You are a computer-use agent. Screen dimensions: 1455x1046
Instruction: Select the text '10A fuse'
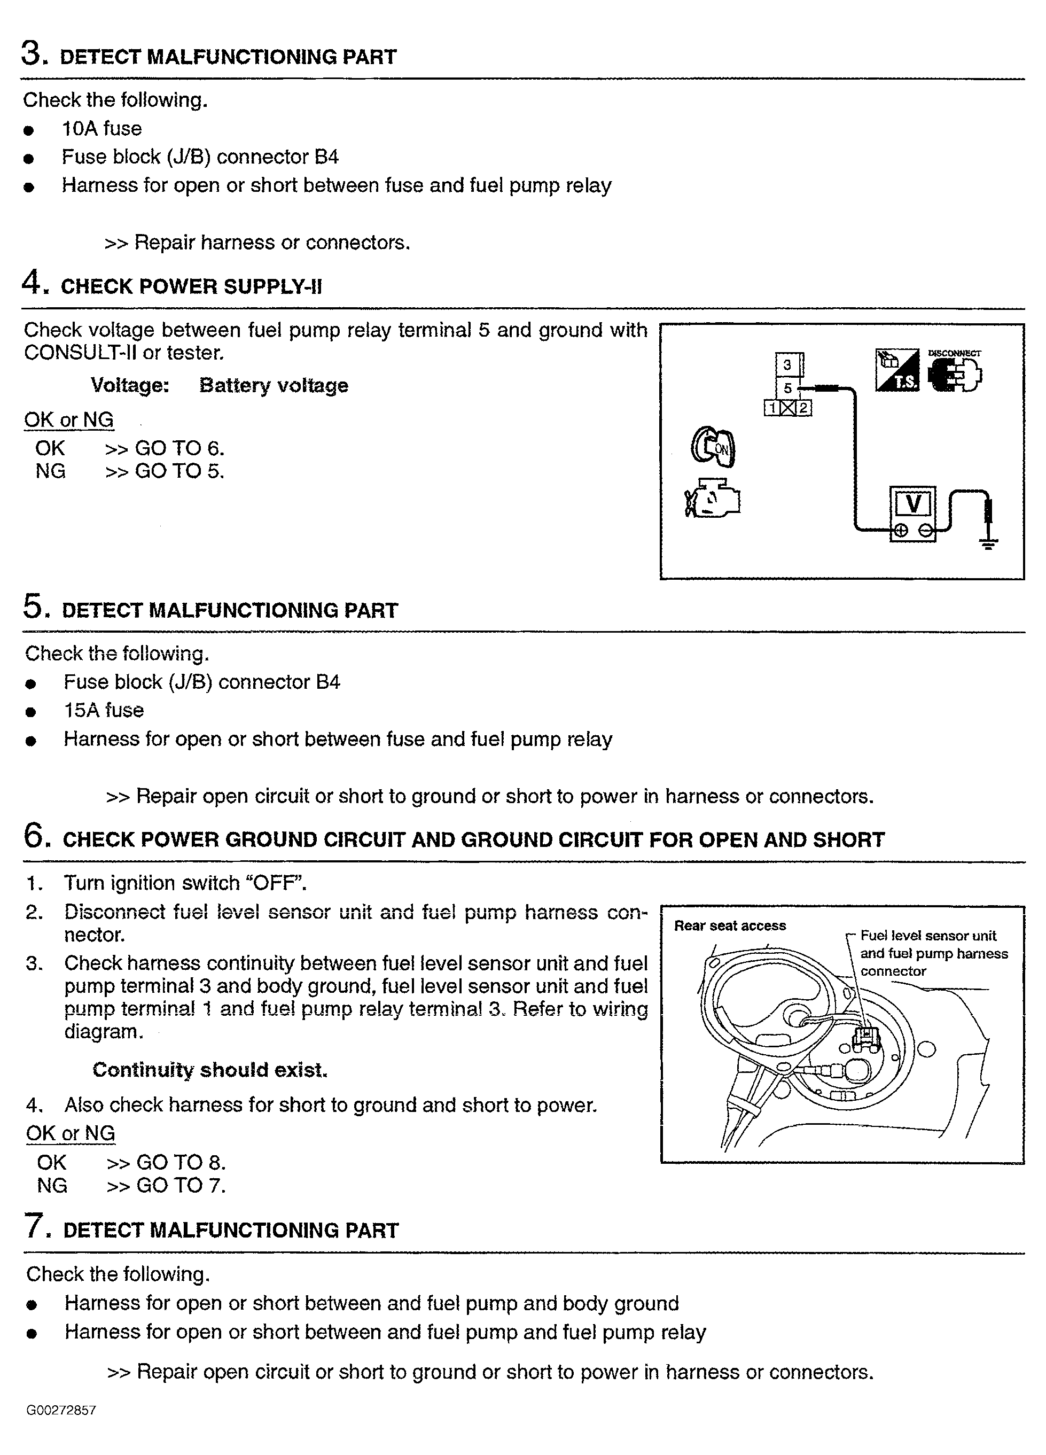pyautogui.click(x=102, y=129)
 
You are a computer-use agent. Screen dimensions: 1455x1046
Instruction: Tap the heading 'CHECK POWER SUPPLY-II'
pyautogui.click(x=191, y=286)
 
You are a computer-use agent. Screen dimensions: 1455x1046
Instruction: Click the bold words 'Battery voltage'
pyautogui.click(x=274, y=386)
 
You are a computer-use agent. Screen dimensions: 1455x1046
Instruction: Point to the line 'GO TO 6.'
pyautogui.click(x=179, y=448)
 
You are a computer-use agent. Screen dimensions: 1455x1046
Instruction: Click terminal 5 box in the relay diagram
pyautogui.click(x=788, y=388)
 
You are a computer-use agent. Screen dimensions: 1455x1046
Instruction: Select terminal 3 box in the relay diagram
pyautogui.click(x=787, y=365)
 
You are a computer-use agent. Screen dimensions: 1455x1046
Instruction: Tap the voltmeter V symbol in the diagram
pyautogui.click(x=912, y=504)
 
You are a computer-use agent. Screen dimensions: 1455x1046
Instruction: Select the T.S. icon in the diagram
pyautogui.click(x=897, y=370)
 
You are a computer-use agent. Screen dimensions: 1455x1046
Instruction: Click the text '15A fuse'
pyautogui.click(x=104, y=710)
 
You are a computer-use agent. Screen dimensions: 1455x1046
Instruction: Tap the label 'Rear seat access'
pyautogui.click(x=730, y=925)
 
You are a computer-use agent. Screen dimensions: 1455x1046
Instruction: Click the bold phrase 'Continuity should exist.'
pyautogui.click(x=210, y=1069)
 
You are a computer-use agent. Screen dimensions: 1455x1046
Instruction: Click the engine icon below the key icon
pyautogui.click(x=713, y=499)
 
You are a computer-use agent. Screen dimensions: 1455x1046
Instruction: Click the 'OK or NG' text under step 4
pyautogui.click(x=68, y=419)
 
